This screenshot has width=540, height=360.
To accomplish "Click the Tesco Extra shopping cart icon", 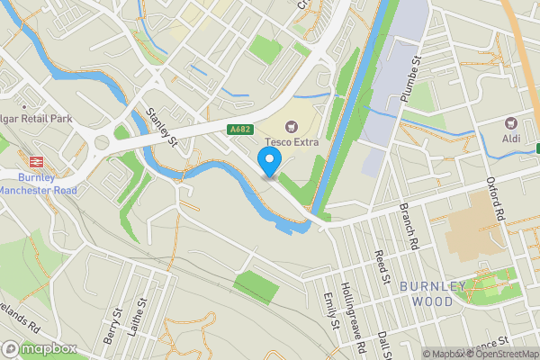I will (x=291, y=126).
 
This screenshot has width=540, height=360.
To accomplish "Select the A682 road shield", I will (x=240, y=130).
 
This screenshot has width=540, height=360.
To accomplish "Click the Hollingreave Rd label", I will (x=356, y=319).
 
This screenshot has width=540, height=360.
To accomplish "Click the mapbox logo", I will (x=38, y=348).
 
